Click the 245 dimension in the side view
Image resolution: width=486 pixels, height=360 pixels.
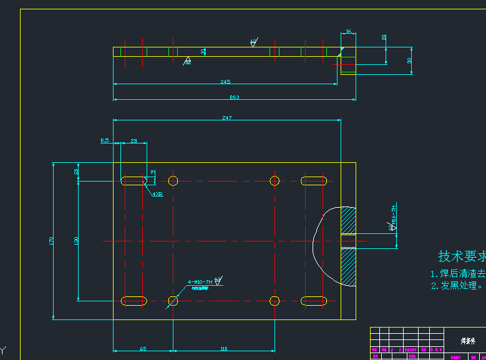(225, 82)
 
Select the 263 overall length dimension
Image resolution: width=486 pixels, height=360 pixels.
(235, 97)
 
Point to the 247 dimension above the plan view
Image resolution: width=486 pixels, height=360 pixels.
(226, 118)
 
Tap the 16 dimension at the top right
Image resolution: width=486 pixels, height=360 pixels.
(348, 31)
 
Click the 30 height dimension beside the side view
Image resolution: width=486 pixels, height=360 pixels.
(409, 61)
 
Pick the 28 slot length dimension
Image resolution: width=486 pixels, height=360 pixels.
(134, 141)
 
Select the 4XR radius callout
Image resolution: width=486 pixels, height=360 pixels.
(157, 194)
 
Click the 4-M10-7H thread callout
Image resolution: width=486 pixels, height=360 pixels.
(200, 282)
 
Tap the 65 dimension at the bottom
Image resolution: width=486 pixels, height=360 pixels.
(143, 349)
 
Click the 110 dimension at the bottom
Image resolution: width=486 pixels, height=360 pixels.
(224, 349)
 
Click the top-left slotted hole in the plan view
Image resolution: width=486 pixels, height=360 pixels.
(134, 181)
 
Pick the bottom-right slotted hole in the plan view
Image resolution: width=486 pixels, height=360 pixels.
(314, 301)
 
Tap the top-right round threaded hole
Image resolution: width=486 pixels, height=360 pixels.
(275, 181)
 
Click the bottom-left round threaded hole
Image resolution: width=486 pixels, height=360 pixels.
(173, 301)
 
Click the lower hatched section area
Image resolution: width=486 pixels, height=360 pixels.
(348, 266)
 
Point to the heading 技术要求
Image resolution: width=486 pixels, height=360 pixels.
(462, 256)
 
